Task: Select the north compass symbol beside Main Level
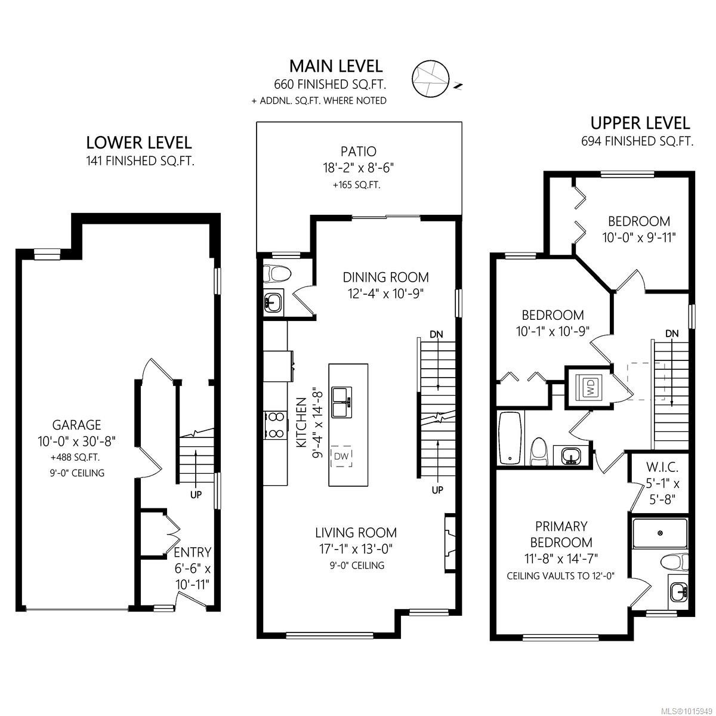(430, 78)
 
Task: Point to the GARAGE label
(77, 425)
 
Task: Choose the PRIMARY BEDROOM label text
(561, 534)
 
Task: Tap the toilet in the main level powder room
(278, 274)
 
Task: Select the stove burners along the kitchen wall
(275, 425)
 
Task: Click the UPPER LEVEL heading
(640, 123)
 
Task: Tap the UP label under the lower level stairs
(196, 494)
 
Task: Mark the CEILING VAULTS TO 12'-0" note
(560, 576)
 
